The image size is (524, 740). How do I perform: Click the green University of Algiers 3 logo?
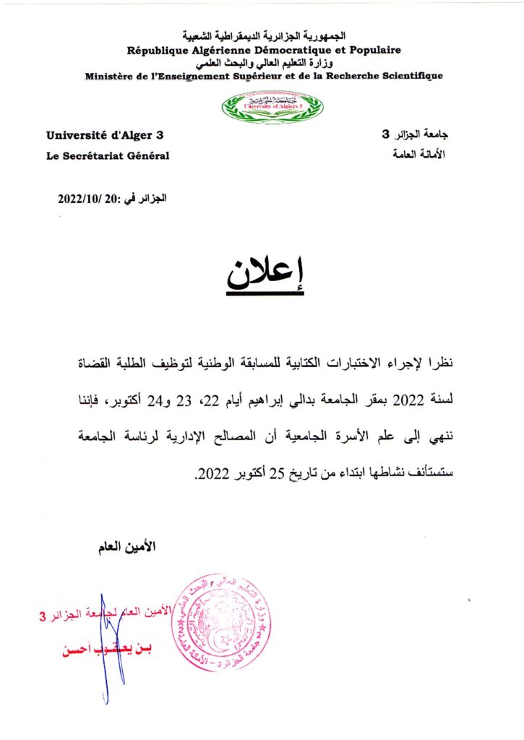pos(272,108)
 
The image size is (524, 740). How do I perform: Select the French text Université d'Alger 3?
pos(106,135)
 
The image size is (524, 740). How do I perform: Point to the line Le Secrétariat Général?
pos(108,156)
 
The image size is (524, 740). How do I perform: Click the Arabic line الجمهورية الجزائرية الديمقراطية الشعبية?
pos(264,35)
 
